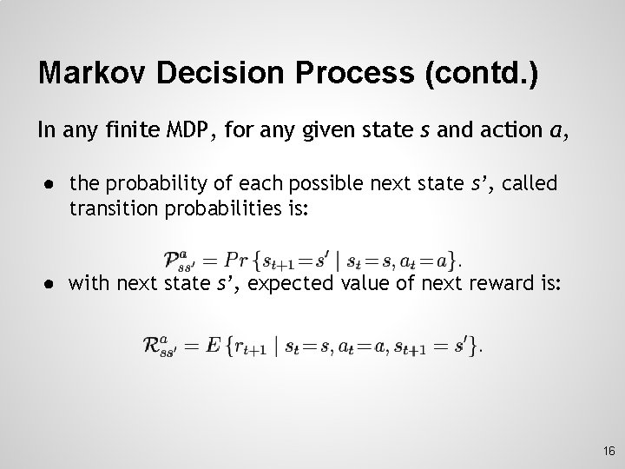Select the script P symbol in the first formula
click(x=172, y=259)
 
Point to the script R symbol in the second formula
click(x=153, y=346)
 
